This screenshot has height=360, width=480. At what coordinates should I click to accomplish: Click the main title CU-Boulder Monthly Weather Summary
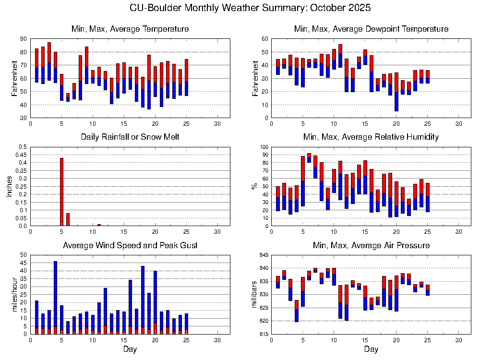pyautogui.click(x=250, y=8)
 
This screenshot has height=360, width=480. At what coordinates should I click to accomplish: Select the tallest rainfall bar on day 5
pyautogui.click(x=61, y=192)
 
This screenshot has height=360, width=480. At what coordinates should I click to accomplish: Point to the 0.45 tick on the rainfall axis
pyautogui.click(x=22, y=155)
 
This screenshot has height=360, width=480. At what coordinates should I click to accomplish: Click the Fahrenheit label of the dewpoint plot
pyautogui.click(x=254, y=78)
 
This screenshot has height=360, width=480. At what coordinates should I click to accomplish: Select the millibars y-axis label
pyautogui.click(x=254, y=294)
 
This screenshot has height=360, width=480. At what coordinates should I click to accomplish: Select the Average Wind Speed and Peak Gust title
pyautogui.click(x=130, y=246)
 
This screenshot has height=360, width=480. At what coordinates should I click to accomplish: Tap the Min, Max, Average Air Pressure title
pyautogui.click(x=371, y=246)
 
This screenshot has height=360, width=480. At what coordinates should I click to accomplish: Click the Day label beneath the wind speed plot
pyautogui.click(x=130, y=349)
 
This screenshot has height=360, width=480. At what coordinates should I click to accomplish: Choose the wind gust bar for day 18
pyautogui.click(x=143, y=298)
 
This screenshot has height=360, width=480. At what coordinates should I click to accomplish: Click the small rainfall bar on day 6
pyautogui.click(x=68, y=219)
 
